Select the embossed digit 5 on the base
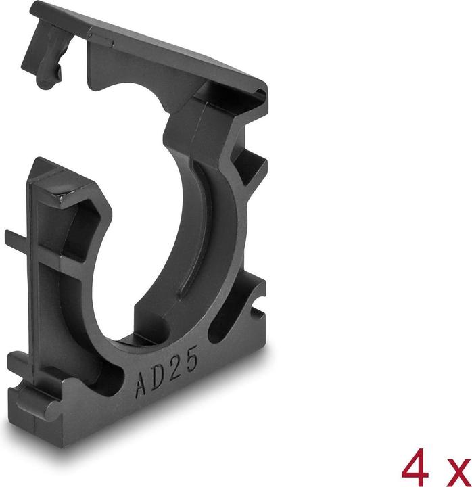click(193, 361)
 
